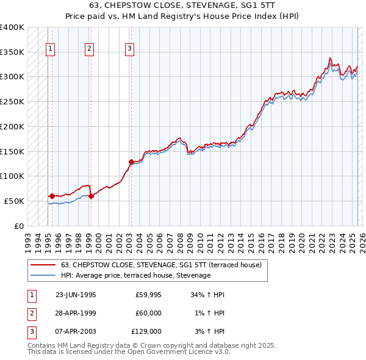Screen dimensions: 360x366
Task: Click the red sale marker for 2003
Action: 131,162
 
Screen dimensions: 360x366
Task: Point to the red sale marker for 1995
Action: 52,196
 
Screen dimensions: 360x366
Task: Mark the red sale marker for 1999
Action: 91,196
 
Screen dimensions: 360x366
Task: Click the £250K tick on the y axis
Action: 12,101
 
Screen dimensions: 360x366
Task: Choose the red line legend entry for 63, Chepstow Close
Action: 161,265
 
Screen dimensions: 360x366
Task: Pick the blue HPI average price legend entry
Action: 135,275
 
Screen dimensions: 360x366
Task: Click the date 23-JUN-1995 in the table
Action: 76,295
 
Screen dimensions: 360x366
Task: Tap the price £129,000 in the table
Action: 146,331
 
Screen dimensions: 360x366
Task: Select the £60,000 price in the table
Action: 148,313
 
